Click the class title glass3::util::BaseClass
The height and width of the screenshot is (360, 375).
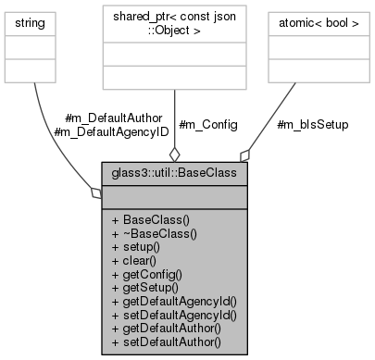point(174,173)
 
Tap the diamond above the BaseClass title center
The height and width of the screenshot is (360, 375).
point(173,153)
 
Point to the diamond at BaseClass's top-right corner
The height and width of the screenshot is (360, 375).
point(245,154)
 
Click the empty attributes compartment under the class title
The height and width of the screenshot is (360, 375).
point(174,195)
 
